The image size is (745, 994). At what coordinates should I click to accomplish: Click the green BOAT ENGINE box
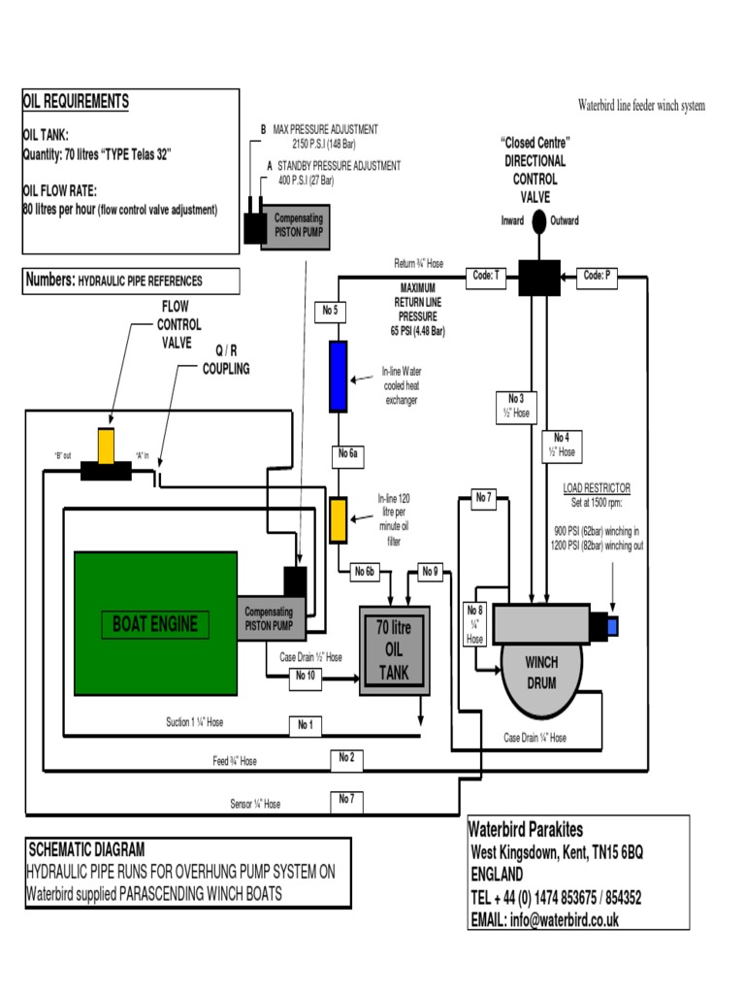[155, 623]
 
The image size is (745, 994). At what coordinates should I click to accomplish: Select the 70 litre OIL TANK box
[395, 651]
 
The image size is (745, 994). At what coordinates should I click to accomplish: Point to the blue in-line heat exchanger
[339, 376]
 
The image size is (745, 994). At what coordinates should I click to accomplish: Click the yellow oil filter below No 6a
[339, 519]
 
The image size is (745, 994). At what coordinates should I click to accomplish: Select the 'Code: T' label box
[487, 276]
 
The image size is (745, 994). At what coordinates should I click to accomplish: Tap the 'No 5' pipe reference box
[329, 311]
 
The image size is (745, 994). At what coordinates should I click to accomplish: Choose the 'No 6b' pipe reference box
[364, 571]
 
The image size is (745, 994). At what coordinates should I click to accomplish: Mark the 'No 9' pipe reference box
[430, 571]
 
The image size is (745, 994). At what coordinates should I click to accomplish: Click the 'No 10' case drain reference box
[305, 676]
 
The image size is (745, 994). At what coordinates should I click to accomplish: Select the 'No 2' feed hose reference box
[346, 757]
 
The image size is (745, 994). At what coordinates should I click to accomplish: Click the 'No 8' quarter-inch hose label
[475, 624]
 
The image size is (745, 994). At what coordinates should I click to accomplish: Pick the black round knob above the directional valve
[539, 220]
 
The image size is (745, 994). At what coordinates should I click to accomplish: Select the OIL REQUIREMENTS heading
[76, 102]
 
